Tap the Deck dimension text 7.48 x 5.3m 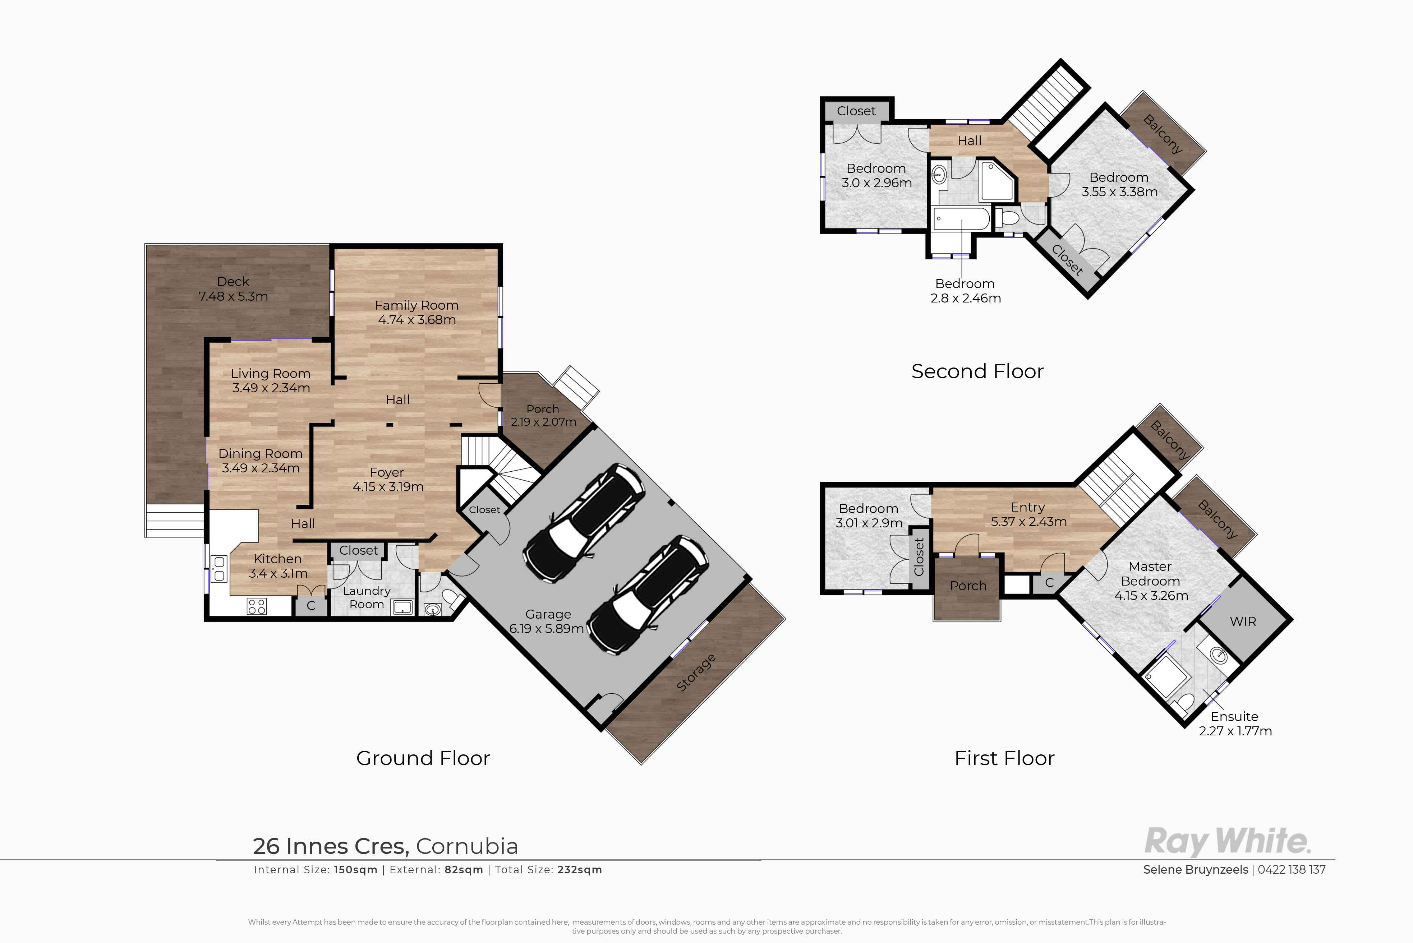coord(233,296)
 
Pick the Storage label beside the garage coord(696,672)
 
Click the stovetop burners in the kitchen coord(257,606)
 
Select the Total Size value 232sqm coord(579,870)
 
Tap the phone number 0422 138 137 coord(1292,870)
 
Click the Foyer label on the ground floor coord(387,473)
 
